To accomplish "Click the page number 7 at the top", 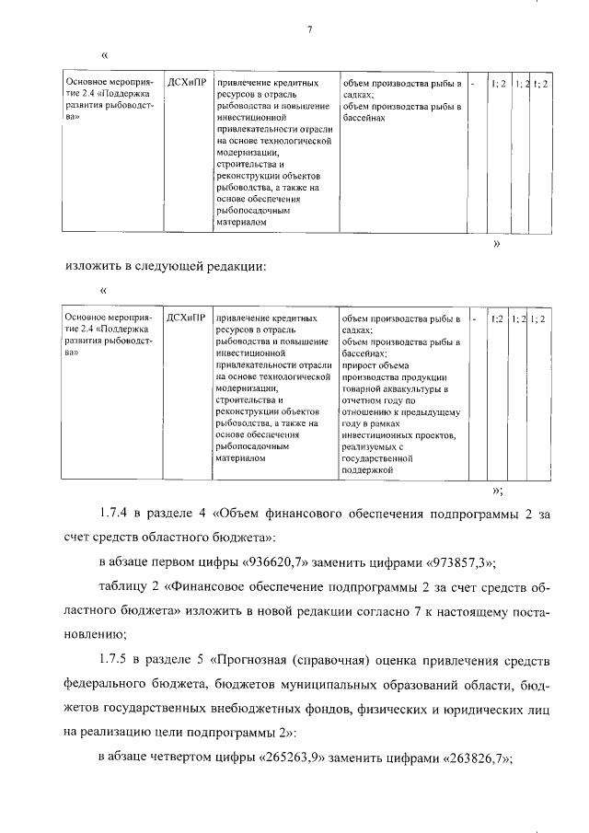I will click(310, 29).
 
